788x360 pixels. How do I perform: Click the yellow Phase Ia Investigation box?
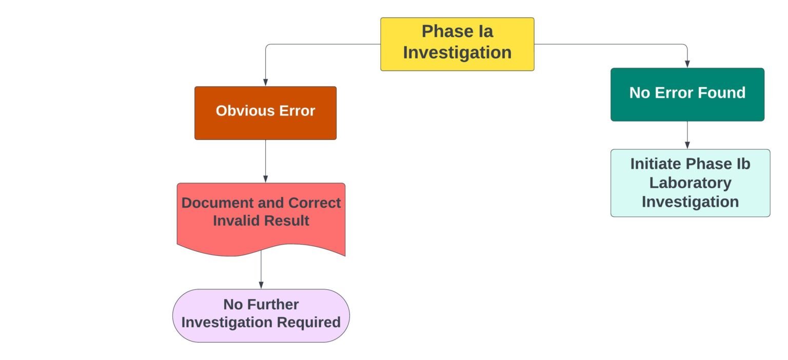click(x=457, y=44)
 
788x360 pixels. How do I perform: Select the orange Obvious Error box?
click(x=265, y=113)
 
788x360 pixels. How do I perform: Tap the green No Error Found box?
click(x=687, y=94)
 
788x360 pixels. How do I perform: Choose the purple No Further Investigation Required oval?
click(x=261, y=315)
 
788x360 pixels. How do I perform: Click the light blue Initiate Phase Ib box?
click(x=690, y=183)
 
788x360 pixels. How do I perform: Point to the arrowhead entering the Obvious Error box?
click(x=265, y=82)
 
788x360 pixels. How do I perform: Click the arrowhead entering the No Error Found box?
click(x=687, y=64)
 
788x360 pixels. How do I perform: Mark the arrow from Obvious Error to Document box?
click(x=265, y=161)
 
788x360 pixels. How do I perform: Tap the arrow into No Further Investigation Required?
click(x=261, y=272)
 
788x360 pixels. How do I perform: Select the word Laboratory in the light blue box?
click(x=690, y=183)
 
